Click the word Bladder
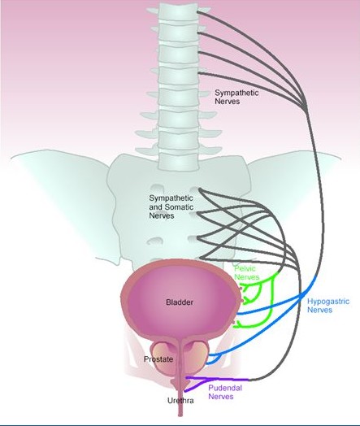(180, 302)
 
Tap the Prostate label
(158, 359)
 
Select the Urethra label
(180, 401)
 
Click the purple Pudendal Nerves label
(225, 392)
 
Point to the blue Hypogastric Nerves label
(328, 306)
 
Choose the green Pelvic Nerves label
(246, 273)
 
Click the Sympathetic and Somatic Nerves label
(171, 206)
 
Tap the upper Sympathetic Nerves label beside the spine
(236, 97)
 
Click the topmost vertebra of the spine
(178, 12)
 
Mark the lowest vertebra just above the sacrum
(178, 161)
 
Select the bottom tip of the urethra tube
(180, 415)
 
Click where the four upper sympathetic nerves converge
(306, 105)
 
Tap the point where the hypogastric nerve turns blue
(316, 276)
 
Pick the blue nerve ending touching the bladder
(238, 314)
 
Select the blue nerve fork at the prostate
(217, 356)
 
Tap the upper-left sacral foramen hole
(156, 188)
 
